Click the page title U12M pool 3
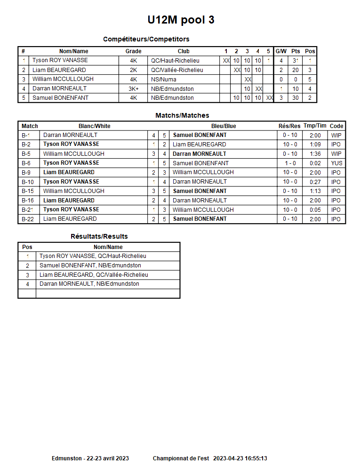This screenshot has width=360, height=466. [181, 20]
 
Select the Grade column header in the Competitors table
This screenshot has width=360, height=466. [133, 51]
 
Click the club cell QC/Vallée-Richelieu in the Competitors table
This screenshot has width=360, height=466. [177, 70]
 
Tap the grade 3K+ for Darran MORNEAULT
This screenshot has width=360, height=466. [133, 88]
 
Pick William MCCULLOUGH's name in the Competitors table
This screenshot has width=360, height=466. [63, 79]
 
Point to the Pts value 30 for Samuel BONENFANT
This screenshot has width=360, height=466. [295, 98]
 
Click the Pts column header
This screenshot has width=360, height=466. [295, 51]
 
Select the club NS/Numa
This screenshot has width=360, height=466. [163, 80]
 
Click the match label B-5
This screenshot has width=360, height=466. [26, 154]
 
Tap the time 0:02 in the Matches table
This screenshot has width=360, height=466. [315, 163]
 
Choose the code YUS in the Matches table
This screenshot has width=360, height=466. [336, 163]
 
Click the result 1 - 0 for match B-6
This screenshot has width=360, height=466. [289, 163]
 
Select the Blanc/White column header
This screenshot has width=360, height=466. [94, 126]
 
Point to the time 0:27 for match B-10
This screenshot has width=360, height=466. [315, 182]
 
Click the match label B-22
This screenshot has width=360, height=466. [28, 219]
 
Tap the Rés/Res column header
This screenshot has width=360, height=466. [289, 126]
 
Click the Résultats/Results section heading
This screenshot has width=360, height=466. [99, 236]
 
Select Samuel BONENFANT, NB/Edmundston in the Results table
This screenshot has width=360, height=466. [90, 265]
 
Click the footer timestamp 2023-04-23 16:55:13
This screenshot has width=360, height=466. [240, 458]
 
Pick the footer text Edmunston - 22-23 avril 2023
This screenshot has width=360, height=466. [90, 458]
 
